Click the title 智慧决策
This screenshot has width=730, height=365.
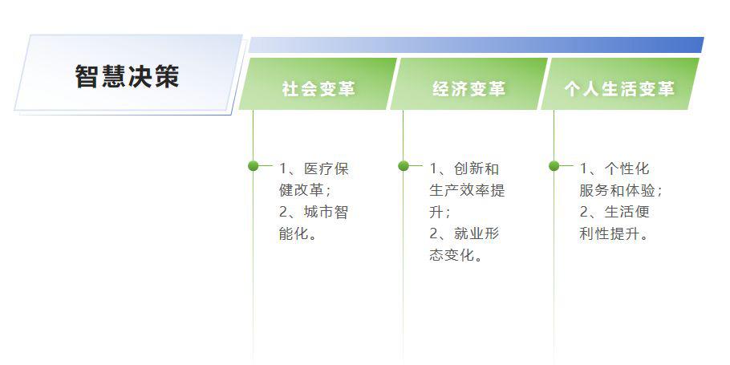pyautogui.click(x=127, y=76)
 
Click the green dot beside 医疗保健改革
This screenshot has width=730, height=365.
pyautogui.click(x=253, y=166)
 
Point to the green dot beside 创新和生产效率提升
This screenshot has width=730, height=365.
pyautogui.click(x=404, y=166)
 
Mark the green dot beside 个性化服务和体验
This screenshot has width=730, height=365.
pyautogui.click(x=554, y=166)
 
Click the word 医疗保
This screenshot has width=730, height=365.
pyautogui.click(x=326, y=168)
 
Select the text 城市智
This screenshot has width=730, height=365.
pyautogui.click(x=326, y=213)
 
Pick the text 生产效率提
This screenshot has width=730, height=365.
pyautogui.click(x=467, y=190)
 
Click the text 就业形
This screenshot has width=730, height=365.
pyautogui.click(x=477, y=233)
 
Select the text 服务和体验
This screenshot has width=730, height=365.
pyautogui.click(x=618, y=190)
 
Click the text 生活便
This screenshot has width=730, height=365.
pyautogui.click(x=627, y=213)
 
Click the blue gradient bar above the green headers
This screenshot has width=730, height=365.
pyautogui.click(x=476, y=45)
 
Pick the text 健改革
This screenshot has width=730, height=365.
pyautogui.click(x=301, y=190)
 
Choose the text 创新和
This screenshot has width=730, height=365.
pyautogui.click(x=477, y=168)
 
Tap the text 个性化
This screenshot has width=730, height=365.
pyautogui.click(x=627, y=168)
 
